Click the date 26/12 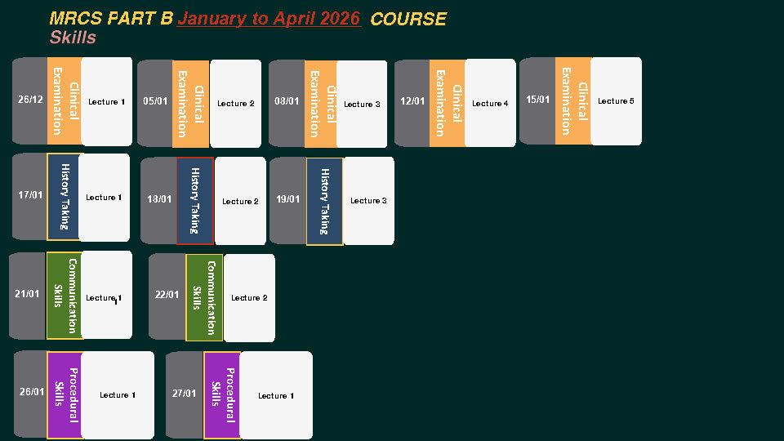pos(30,100)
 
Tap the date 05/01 pos(155,102)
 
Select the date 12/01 pos(412,102)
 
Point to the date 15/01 pos(538,100)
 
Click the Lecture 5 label pos(616,101)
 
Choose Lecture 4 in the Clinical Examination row pos(490,104)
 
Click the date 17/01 pos(30,195)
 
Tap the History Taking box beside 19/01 pos(324,201)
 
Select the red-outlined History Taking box pos(194,201)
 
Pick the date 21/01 pos(27,294)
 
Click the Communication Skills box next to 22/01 pos(204,297)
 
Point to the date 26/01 pos(32,392)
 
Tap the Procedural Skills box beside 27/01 pos(221,395)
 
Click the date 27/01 pos(184,394)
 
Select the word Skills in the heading pos(73,38)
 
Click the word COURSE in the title pos(408,20)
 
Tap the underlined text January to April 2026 pos(269,19)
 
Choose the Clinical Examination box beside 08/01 pos(320,104)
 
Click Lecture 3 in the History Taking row pos(368,201)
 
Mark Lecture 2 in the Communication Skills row pos(249,298)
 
